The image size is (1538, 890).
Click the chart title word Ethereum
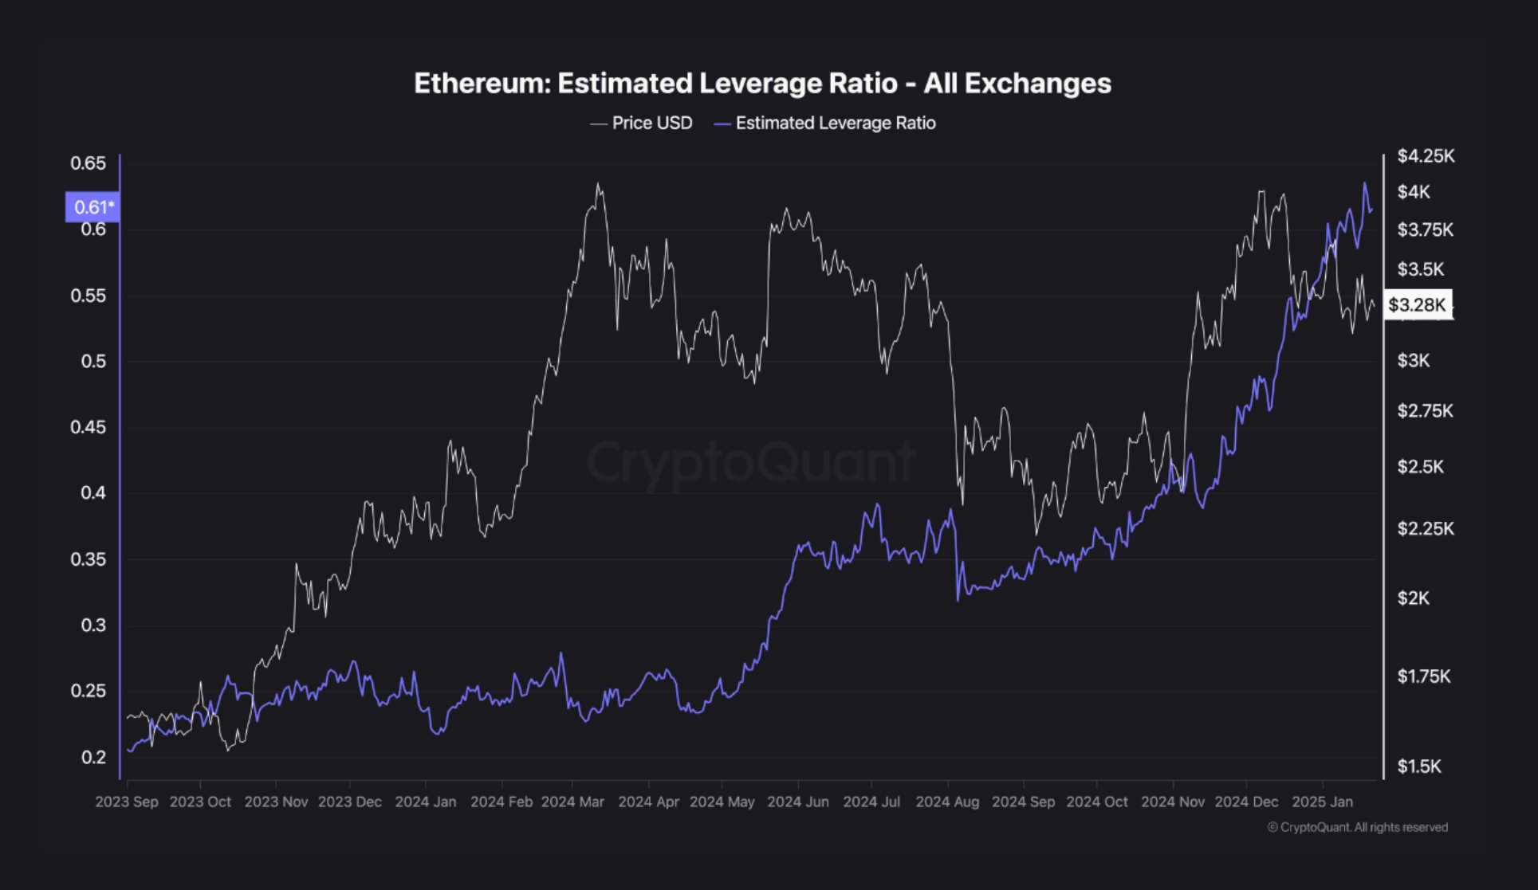click(481, 84)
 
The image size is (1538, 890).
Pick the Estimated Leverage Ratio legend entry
click(825, 124)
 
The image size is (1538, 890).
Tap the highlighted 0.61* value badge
click(93, 207)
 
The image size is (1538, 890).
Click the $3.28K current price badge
click(1417, 304)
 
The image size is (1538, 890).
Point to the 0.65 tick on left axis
click(88, 163)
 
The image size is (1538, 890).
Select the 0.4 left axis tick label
click(92, 493)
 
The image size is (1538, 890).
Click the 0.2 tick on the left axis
click(92, 757)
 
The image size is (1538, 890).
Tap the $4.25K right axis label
click(1426, 156)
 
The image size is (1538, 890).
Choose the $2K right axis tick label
click(1413, 598)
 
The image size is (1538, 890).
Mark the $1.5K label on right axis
click(1419, 766)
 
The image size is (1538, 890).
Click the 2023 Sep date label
click(127, 802)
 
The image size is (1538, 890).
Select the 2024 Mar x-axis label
click(572, 802)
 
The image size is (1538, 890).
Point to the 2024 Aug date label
click(947, 802)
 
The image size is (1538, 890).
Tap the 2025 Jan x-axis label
click(1322, 802)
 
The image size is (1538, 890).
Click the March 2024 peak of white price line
click(598, 185)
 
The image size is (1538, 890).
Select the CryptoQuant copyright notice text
click(1357, 827)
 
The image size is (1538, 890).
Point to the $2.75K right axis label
click(1425, 411)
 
